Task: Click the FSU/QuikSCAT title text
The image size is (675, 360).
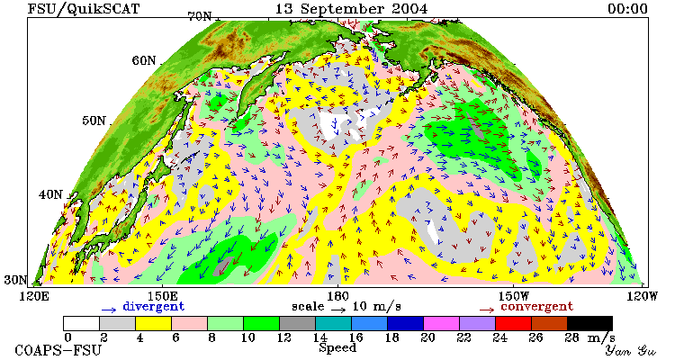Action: [x=84, y=8]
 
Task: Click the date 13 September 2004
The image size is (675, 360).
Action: [x=351, y=8]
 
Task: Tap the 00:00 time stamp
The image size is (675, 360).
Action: [x=627, y=9]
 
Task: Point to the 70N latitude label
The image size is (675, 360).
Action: [x=199, y=16]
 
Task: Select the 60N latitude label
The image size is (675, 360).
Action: [x=144, y=60]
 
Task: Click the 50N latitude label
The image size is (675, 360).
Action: [x=94, y=120]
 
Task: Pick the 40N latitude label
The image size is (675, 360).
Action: [x=50, y=194]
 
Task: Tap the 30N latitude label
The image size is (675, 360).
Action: [x=15, y=280]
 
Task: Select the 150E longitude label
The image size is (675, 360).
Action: [x=162, y=296]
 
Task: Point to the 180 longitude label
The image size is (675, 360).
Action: [x=337, y=296]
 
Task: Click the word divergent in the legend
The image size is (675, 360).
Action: [x=154, y=307]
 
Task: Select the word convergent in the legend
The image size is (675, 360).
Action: [x=536, y=307]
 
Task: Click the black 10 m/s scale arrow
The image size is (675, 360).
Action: [x=337, y=310]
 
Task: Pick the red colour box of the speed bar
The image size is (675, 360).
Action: [x=513, y=323]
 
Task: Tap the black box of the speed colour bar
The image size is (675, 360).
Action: [x=589, y=323]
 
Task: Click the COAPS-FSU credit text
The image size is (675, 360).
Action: [x=58, y=350]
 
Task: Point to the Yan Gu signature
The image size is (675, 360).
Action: [x=630, y=350]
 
